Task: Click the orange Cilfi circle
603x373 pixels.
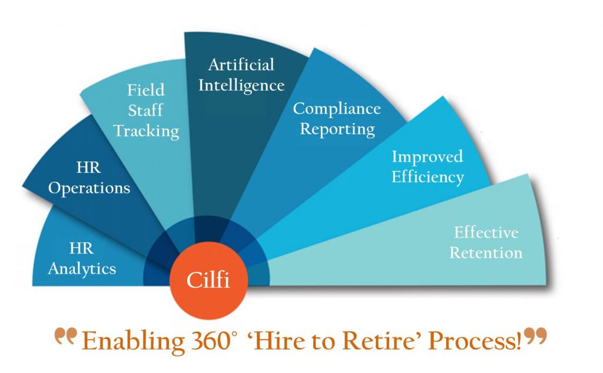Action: [x=209, y=281]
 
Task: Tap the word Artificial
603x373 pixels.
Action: [x=241, y=65]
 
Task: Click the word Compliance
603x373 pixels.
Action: [x=337, y=109]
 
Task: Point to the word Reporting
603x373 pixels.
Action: [x=337, y=129]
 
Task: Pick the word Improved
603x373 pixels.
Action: [x=428, y=157]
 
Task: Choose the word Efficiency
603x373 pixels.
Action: [x=428, y=178]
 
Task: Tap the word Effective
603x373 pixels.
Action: [x=486, y=232]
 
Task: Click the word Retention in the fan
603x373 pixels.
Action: [x=486, y=253]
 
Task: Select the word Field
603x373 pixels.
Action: [x=146, y=90]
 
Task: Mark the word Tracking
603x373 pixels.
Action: [x=146, y=131]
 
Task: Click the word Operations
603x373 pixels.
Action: [x=90, y=188]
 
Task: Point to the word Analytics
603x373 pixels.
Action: [x=82, y=269]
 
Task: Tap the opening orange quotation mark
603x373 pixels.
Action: [x=66, y=336]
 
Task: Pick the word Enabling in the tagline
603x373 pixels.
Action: [x=133, y=342]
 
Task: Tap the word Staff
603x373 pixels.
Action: [x=145, y=111]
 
